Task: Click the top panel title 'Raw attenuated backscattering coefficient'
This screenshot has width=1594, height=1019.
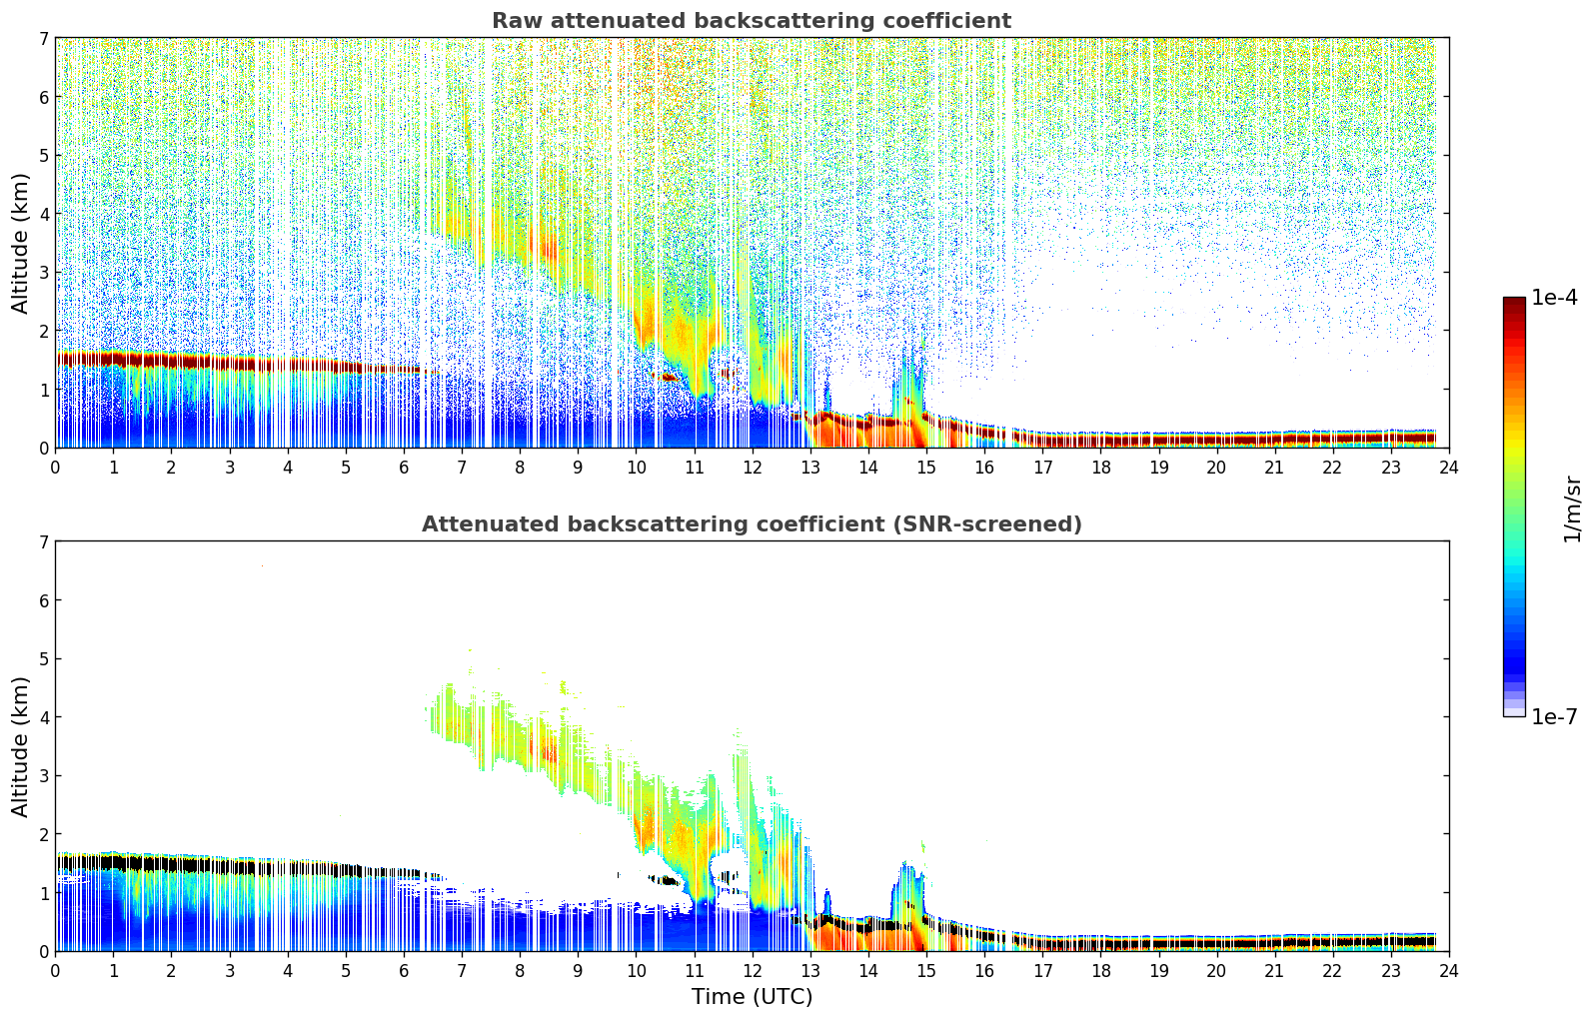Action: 751,21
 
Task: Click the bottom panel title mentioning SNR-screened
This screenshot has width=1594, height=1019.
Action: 751,524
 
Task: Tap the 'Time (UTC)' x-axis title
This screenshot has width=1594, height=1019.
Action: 752,997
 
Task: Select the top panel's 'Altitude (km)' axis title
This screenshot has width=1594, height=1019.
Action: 21,243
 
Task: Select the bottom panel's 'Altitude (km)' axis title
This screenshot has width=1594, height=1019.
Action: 21,746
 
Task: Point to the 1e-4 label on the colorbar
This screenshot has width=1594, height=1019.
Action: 1554,298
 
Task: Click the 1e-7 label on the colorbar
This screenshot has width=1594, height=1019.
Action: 1554,717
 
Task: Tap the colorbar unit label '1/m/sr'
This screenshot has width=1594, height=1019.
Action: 1572,509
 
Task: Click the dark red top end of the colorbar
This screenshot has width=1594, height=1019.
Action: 1514,301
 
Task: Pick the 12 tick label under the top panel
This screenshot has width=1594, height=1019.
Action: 752,467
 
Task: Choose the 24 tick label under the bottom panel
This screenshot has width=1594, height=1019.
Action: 1448,970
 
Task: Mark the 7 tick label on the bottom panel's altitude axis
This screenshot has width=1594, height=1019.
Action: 43,542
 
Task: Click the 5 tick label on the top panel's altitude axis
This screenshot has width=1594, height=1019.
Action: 43,156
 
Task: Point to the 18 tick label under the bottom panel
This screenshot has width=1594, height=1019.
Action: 1100,970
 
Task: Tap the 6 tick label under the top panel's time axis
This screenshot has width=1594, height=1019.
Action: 404,467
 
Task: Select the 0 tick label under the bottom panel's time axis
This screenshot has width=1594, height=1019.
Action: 56,970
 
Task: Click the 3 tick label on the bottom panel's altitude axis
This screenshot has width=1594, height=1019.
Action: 43,776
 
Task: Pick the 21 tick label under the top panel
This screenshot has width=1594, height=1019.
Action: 1274,467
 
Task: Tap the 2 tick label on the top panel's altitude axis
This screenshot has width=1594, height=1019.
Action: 43,331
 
